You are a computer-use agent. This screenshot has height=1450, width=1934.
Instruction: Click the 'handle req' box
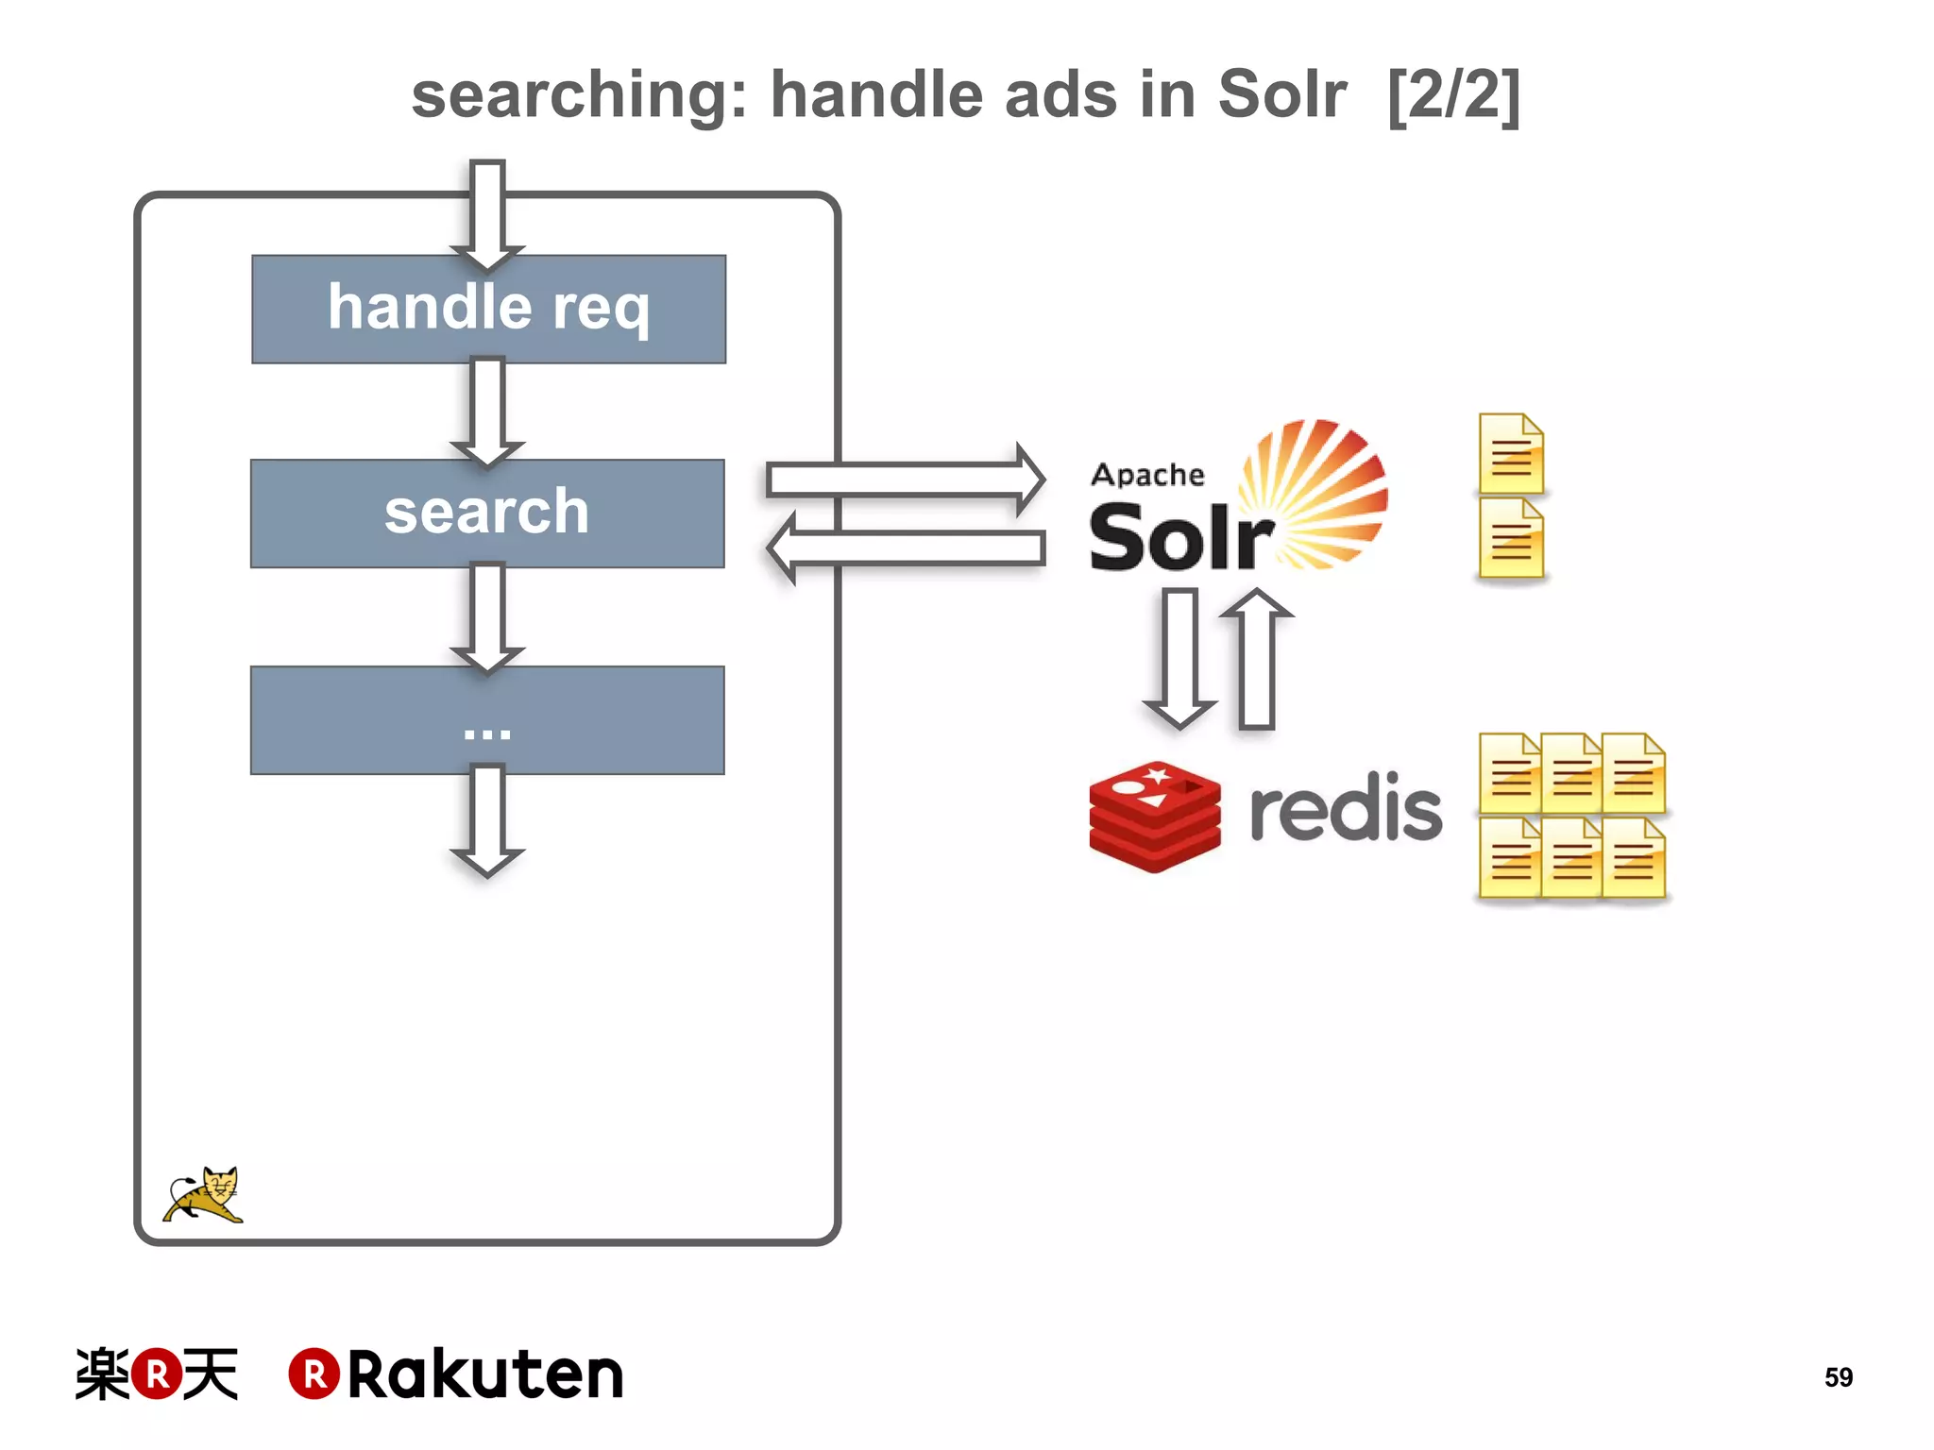(x=488, y=309)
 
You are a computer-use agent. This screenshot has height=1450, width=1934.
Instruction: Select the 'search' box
(x=487, y=514)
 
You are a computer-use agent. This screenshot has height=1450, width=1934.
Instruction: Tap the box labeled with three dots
(x=487, y=720)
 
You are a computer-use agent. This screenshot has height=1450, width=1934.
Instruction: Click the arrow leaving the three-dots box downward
(x=487, y=821)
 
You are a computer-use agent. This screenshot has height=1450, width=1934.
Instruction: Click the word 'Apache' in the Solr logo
(x=1147, y=474)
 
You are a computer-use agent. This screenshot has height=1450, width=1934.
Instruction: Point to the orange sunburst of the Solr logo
(x=1317, y=491)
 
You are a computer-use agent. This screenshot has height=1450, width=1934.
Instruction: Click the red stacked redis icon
(x=1154, y=816)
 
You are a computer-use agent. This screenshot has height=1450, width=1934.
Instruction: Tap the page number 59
(x=1838, y=1377)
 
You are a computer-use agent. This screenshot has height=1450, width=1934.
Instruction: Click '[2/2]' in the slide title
(x=1453, y=95)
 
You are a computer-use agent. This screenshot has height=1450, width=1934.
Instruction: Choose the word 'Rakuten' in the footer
(x=485, y=1374)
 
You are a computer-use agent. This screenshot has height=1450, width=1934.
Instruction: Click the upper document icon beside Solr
(x=1511, y=454)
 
